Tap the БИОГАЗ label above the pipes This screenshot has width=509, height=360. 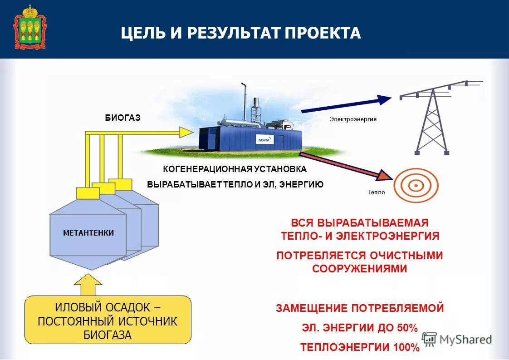[122, 118]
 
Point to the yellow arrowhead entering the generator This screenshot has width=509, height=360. [186, 132]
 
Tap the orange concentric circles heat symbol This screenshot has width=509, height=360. [416, 186]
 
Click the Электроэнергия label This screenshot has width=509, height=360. [353, 119]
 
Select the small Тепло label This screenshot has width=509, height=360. [376, 192]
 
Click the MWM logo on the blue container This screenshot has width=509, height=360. [264, 139]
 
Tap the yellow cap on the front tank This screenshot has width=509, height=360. [88, 193]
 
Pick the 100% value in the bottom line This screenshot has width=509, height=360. [406, 348]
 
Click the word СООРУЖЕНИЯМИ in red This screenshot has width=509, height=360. [359, 269]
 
